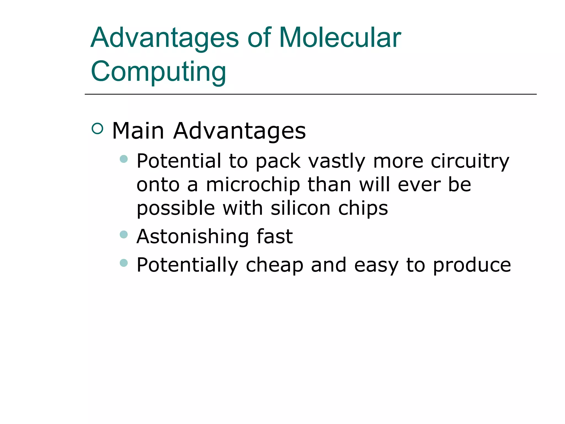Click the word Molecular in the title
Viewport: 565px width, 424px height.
(340, 38)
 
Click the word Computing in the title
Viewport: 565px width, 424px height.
(158, 71)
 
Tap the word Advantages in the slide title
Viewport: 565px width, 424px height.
(164, 38)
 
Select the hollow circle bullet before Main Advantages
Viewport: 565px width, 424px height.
(97, 129)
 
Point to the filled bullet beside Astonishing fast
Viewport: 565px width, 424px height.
(124, 235)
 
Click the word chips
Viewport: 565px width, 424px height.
(363, 209)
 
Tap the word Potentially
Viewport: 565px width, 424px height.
(187, 265)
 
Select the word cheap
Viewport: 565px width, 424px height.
(274, 265)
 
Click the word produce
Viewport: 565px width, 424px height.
(472, 265)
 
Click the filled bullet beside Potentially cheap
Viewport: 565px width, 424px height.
(124, 263)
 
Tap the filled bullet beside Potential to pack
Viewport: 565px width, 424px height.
(124, 159)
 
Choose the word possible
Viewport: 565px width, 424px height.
(176, 209)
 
